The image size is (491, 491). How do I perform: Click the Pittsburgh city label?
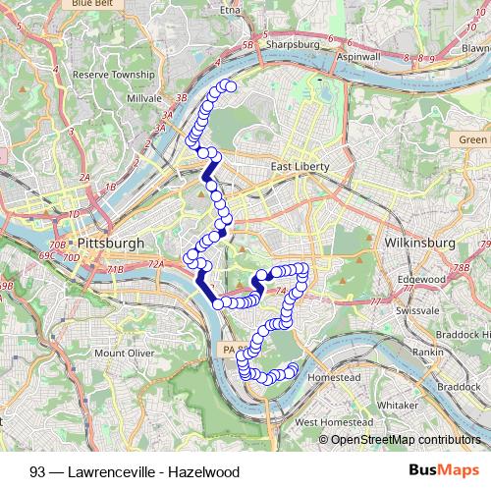tap(110, 243)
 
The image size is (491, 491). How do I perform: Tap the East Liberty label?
tap(300, 167)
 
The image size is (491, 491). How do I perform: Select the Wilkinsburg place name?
tap(420, 242)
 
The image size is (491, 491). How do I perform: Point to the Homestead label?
tap(335, 377)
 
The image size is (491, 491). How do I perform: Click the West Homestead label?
tap(333, 422)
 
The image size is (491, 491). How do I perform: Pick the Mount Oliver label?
tap(124, 353)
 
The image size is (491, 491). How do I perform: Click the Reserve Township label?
tap(114, 74)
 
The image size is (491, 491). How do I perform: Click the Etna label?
tap(230, 10)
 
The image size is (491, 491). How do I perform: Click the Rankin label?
tap(427, 350)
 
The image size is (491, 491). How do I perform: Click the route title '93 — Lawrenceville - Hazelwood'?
tap(135, 471)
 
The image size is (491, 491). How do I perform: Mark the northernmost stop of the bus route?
tap(232, 87)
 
